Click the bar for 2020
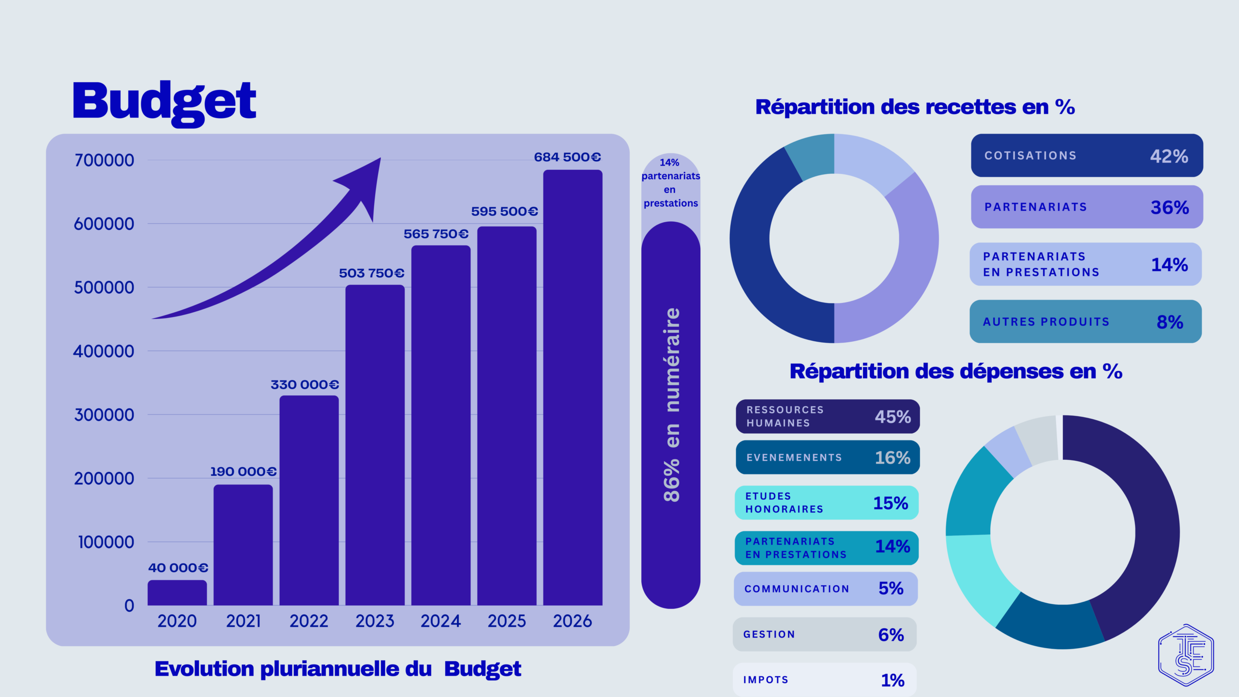(x=177, y=593)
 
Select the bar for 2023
(x=375, y=445)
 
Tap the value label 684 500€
(x=567, y=157)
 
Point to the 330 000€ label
(x=305, y=385)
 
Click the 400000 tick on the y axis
(x=104, y=351)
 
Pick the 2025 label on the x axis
(x=506, y=621)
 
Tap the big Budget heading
(x=164, y=102)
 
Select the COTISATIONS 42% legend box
(x=1087, y=155)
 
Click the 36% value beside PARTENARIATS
(x=1169, y=208)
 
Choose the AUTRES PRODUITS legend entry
(x=1086, y=322)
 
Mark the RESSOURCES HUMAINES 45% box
(x=828, y=416)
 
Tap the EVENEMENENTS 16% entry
(x=828, y=457)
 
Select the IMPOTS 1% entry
(x=824, y=680)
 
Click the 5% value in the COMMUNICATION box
(x=891, y=589)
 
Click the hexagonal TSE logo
(x=1186, y=655)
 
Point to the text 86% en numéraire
(x=672, y=404)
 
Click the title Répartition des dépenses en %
(x=956, y=372)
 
